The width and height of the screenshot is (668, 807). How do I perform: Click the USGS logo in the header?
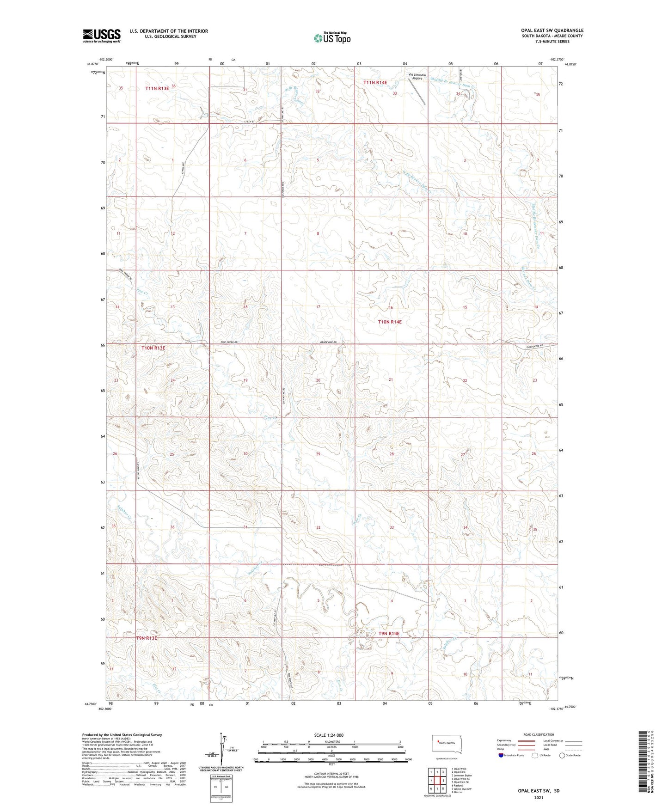pos(102,36)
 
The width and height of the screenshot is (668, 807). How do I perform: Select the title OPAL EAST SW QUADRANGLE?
pos(552,31)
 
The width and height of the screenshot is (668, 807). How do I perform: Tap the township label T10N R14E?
pos(390,322)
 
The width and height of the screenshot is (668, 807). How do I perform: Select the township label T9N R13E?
pos(147,638)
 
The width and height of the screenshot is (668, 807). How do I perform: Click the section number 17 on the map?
pos(318,307)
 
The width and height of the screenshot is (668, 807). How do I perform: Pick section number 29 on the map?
pos(318,454)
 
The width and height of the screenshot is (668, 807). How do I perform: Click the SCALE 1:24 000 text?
pos(329,735)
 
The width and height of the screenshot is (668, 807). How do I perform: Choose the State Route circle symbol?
pos(562,756)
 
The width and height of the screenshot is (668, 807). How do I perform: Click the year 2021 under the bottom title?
pos(538,798)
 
